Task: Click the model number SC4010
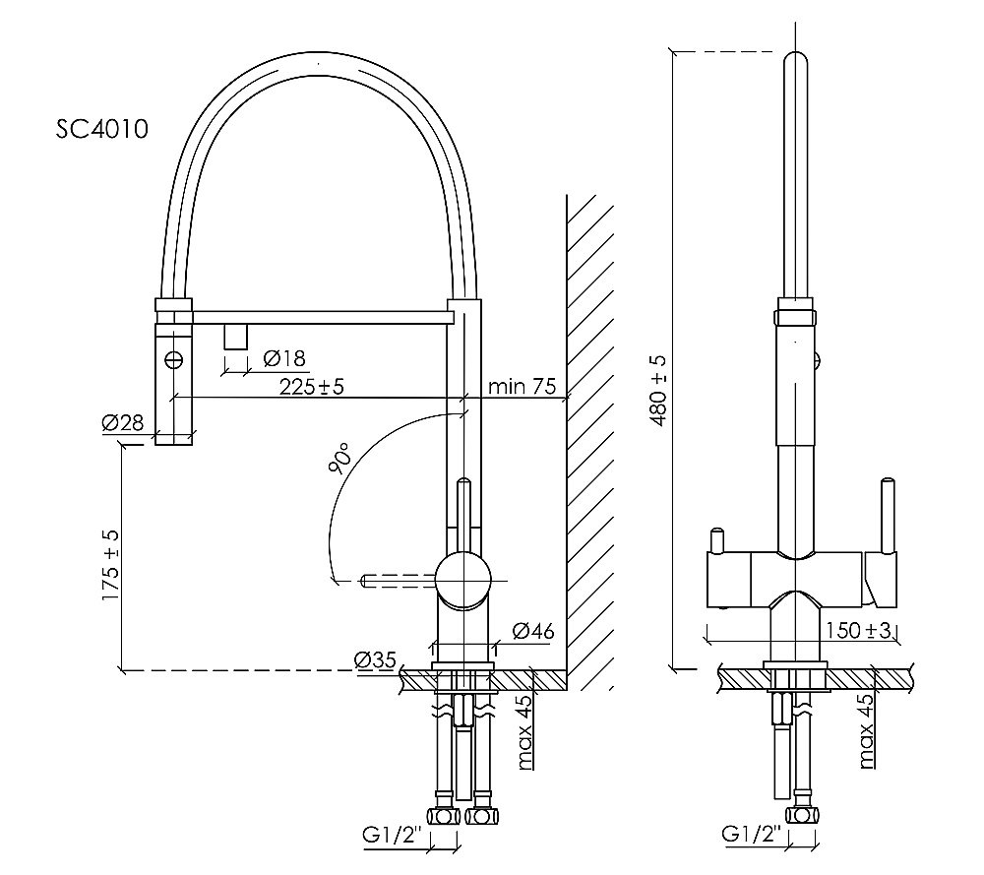pyautogui.click(x=102, y=131)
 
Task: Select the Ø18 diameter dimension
pyautogui.click(x=285, y=358)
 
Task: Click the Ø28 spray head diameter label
pyautogui.click(x=122, y=423)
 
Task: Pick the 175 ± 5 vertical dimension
pyautogui.click(x=109, y=567)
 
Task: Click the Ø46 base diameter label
pyautogui.click(x=532, y=631)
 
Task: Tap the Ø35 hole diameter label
pyautogui.click(x=376, y=660)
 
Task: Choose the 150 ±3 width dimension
pyautogui.click(x=857, y=630)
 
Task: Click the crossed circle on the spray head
pyautogui.click(x=174, y=358)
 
